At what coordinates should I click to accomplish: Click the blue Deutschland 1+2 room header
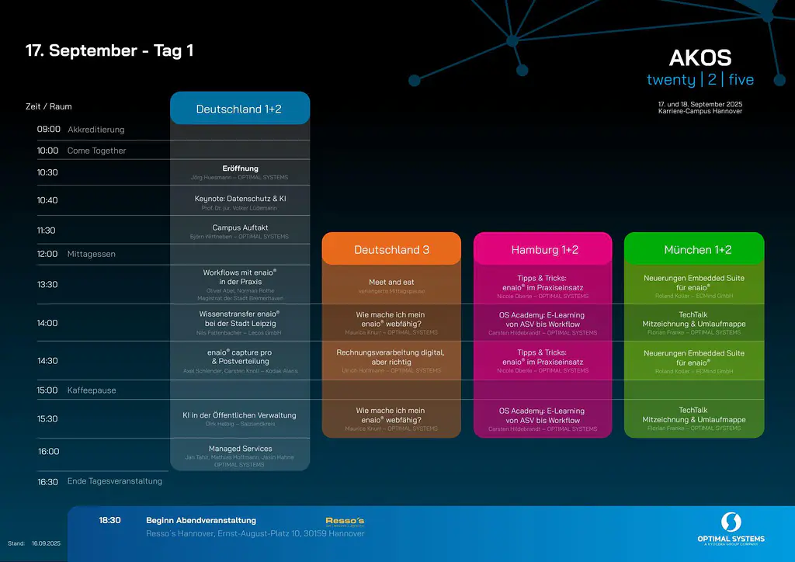(x=240, y=109)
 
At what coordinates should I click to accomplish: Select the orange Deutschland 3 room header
(x=391, y=249)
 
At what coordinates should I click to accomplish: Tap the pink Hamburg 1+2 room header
(x=543, y=249)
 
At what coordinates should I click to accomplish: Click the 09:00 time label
(x=48, y=129)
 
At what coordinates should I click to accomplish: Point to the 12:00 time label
(x=47, y=254)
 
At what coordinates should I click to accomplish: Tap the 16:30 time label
(x=48, y=481)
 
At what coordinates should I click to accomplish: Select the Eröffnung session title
(x=240, y=168)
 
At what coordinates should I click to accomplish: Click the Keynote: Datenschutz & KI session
(x=240, y=199)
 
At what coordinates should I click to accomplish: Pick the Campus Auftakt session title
(x=240, y=227)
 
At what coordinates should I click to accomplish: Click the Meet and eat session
(x=391, y=282)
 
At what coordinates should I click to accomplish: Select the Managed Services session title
(x=240, y=449)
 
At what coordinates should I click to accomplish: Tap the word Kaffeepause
(x=92, y=390)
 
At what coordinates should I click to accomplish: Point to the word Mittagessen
(x=91, y=254)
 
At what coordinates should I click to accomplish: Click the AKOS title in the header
(x=700, y=58)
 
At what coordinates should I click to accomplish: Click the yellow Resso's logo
(x=345, y=521)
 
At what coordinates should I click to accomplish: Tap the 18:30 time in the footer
(x=109, y=520)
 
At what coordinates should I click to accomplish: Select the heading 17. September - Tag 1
(x=109, y=50)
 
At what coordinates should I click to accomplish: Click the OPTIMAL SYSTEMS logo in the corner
(x=731, y=529)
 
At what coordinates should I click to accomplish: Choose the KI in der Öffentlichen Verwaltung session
(x=240, y=415)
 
